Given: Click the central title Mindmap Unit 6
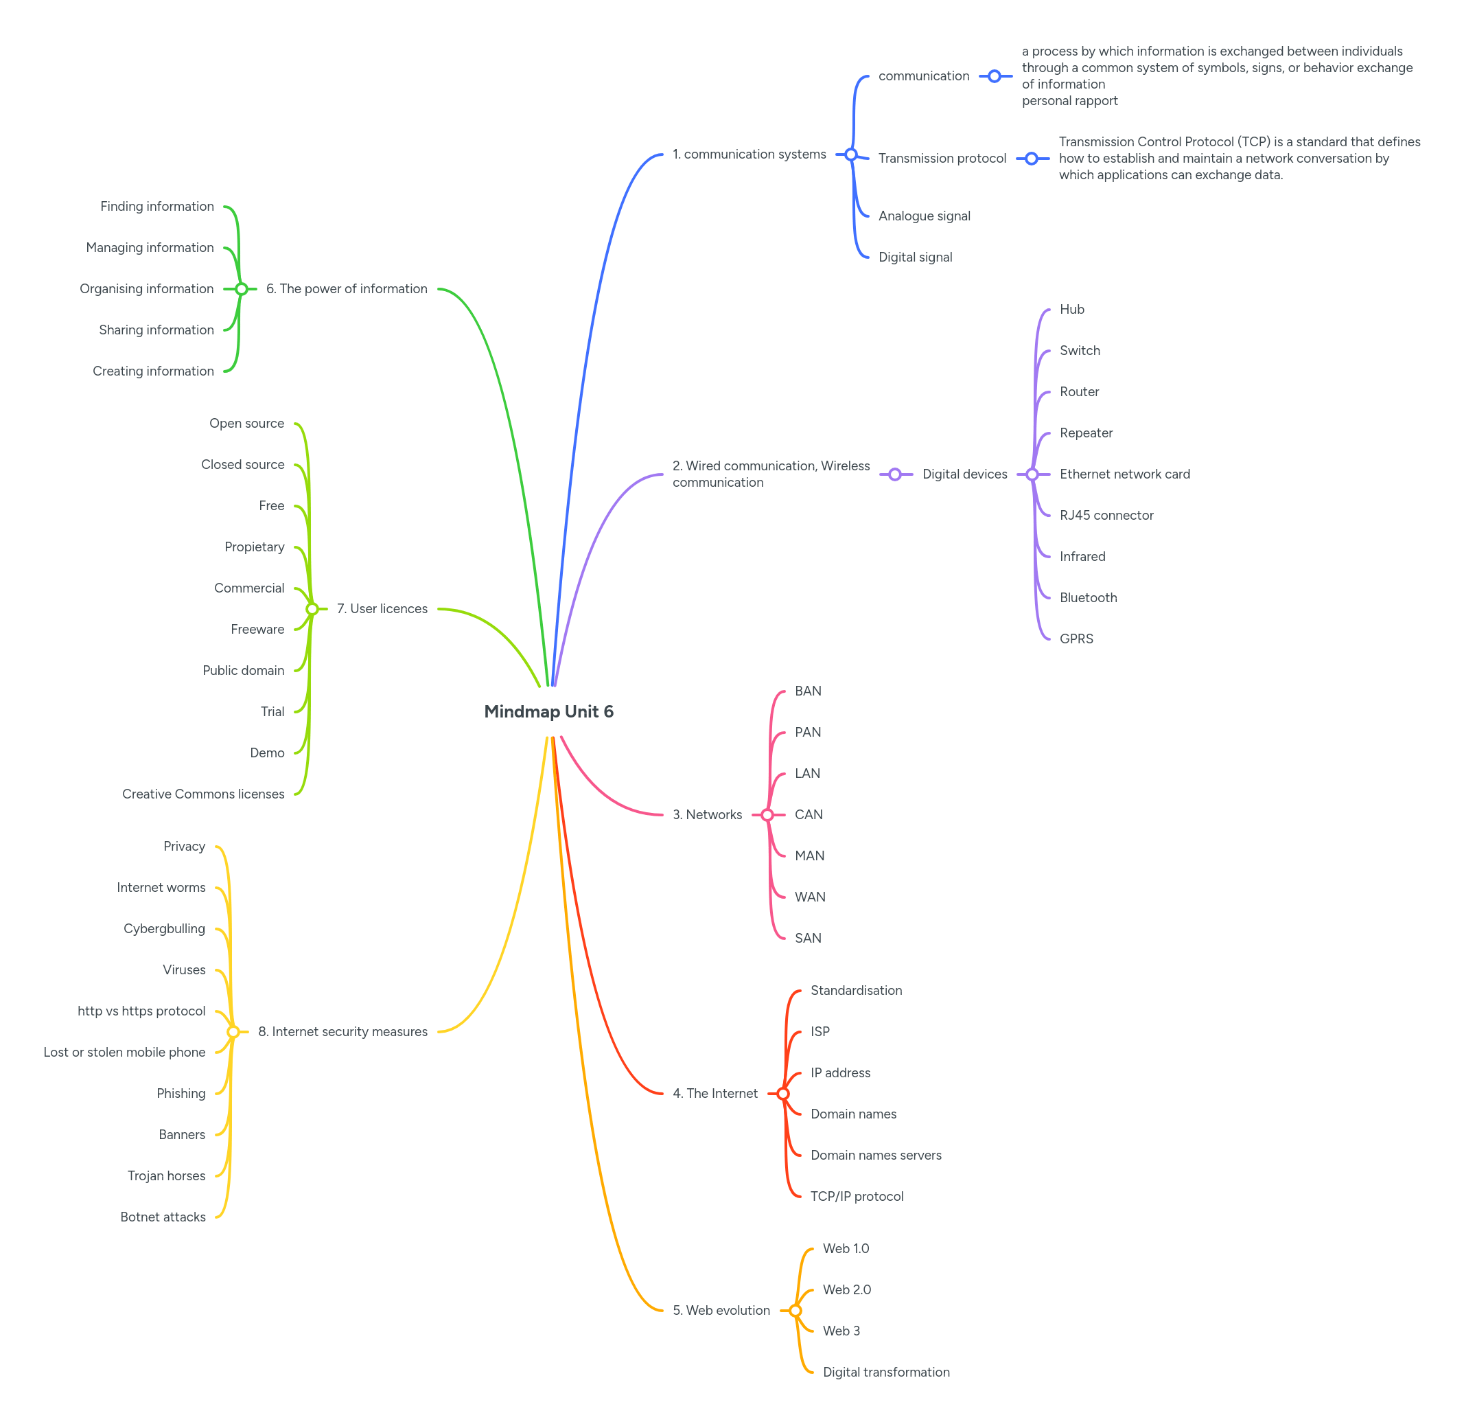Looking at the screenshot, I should pyautogui.click(x=548, y=711).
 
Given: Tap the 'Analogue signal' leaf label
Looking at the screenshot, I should pyautogui.click(x=923, y=216).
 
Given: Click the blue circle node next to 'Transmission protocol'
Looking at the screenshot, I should pyautogui.click(x=1031, y=159).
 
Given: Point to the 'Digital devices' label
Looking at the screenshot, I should pyautogui.click(x=964, y=474).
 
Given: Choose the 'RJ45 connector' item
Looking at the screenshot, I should pyautogui.click(x=1106, y=516).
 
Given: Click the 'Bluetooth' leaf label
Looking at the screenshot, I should pyautogui.click(x=1088, y=597).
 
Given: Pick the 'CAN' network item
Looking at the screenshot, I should pyautogui.click(x=809, y=814).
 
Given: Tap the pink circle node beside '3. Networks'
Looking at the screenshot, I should pyautogui.click(x=767, y=814).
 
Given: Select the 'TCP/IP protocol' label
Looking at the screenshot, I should pyautogui.click(x=856, y=1196).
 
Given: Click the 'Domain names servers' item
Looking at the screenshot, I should pyautogui.click(x=876, y=1155).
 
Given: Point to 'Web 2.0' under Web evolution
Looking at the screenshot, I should pyautogui.click(x=846, y=1289).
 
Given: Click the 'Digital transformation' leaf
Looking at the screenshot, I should pyautogui.click(x=886, y=1372).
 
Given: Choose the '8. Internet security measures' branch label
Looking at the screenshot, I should pyautogui.click(x=342, y=1031).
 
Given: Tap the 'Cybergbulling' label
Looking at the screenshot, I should pyautogui.click(x=165, y=928).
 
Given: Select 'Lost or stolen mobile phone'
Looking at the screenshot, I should pyautogui.click(x=124, y=1052).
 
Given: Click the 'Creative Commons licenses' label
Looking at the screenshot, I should pyautogui.click(x=203, y=794).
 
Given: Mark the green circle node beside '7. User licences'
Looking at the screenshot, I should pyautogui.click(x=312, y=609).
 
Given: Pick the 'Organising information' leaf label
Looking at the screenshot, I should pyautogui.click(x=147, y=288).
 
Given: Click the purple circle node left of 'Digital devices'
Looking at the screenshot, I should pyautogui.click(x=895, y=474).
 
